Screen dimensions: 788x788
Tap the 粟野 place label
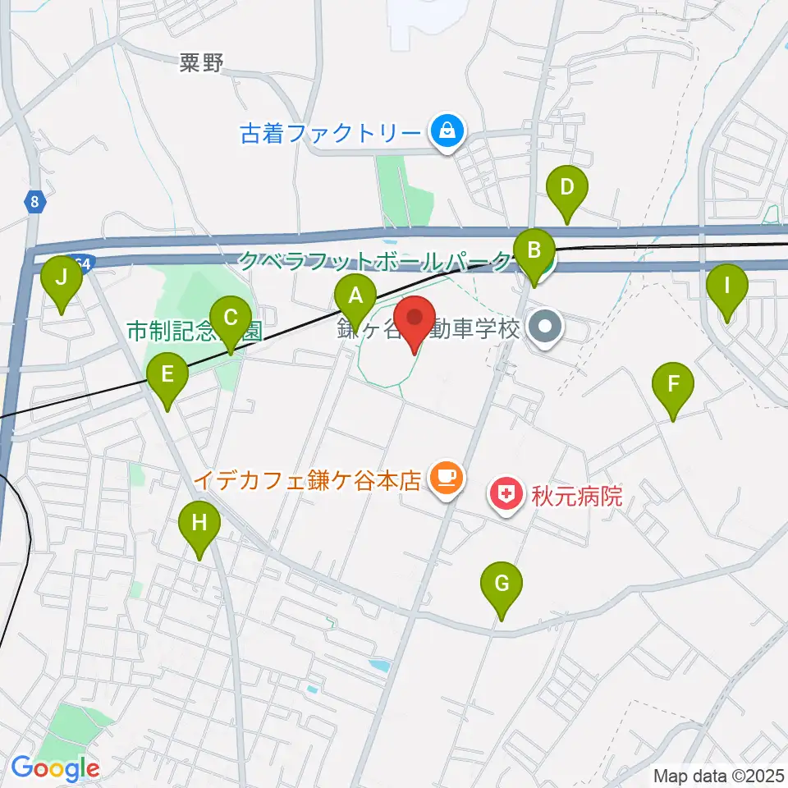pyautogui.click(x=201, y=64)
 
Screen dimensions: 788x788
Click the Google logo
pyautogui.click(x=55, y=768)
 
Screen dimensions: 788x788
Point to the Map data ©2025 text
pyautogui.click(x=717, y=775)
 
